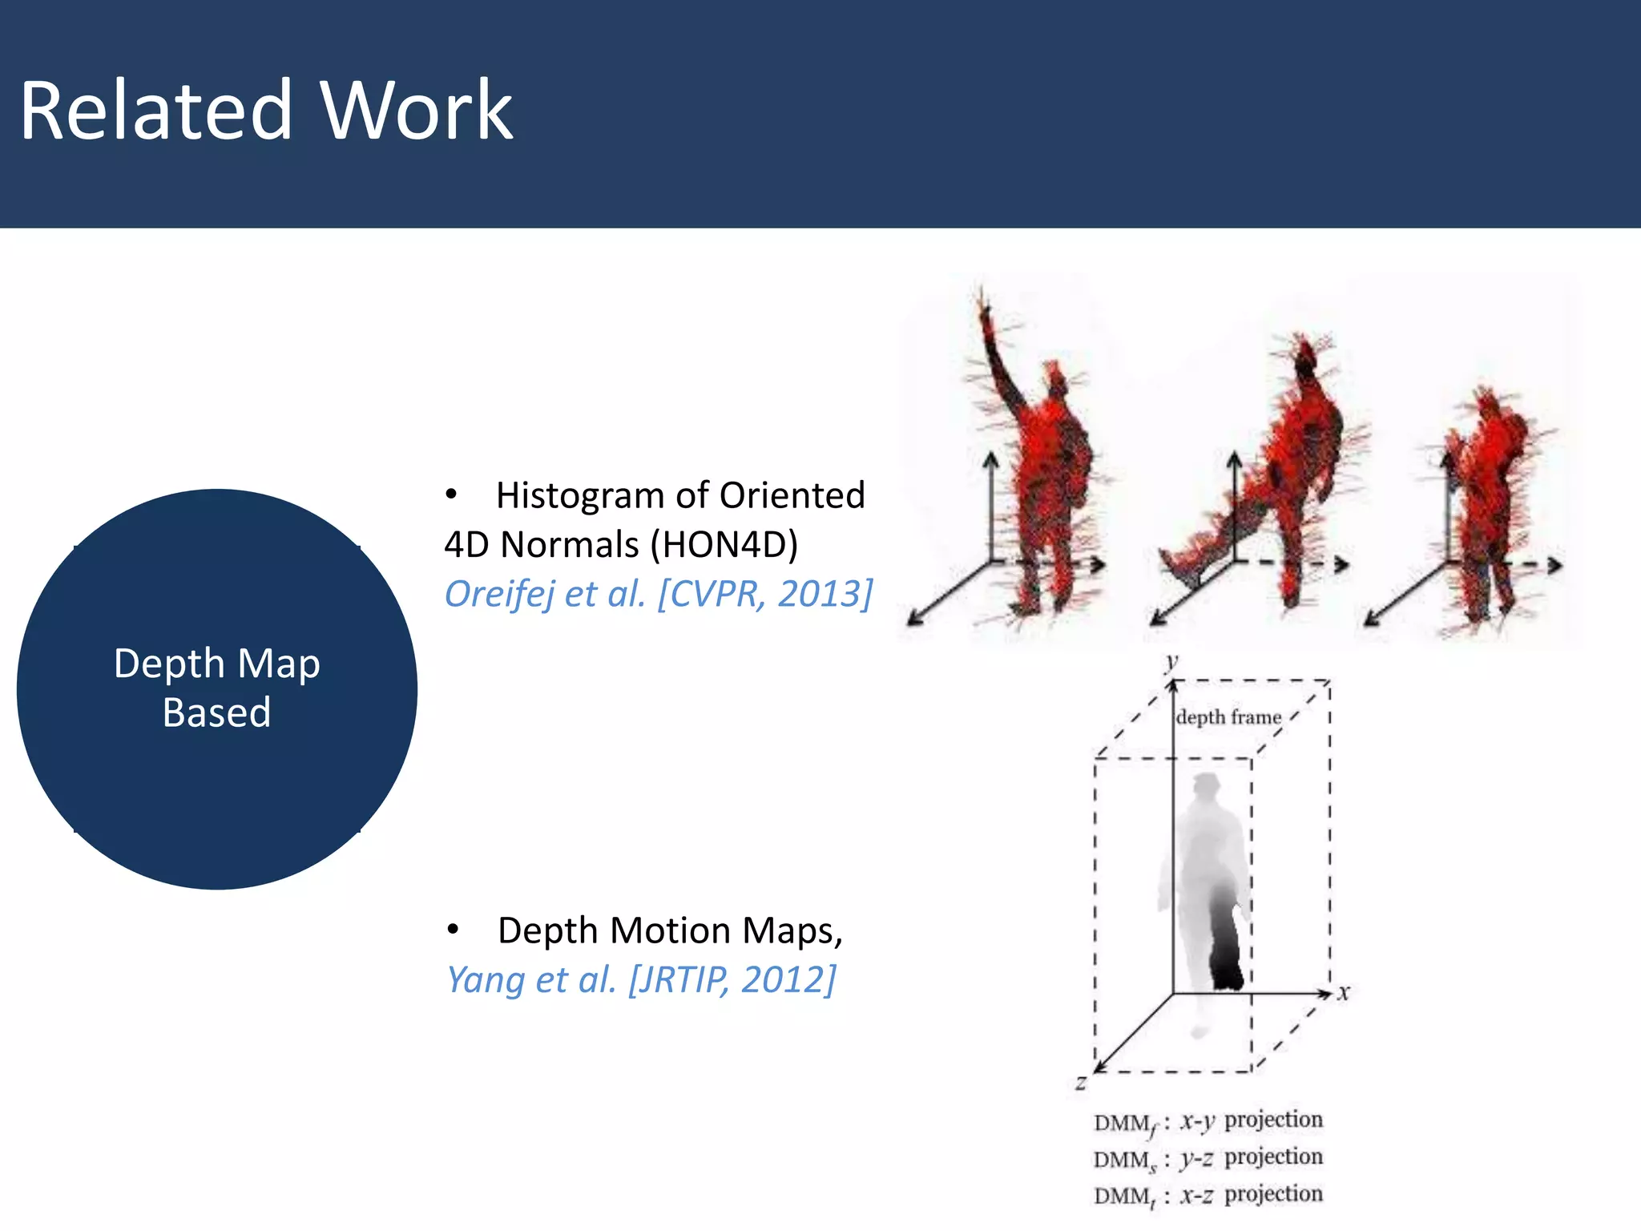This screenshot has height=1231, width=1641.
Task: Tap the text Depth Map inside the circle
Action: click(x=216, y=664)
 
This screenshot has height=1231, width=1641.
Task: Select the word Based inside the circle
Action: click(x=216, y=712)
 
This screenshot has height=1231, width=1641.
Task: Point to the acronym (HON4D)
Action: click(x=724, y=545)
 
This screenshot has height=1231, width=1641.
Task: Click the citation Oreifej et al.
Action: click(x=545, y=594)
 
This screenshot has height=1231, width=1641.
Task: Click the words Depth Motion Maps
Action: click(x=669, y=930)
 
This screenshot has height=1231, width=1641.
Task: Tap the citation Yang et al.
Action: click(x=530, y=979)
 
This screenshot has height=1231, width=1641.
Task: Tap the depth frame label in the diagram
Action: click(x=1228, y=717)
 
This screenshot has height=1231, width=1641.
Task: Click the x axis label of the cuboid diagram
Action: click(x=1344, y=994)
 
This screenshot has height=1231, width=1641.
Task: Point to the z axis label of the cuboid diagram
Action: click(x=1081, y=1084)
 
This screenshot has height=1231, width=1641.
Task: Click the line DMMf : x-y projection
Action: click(x=1208, y=1121)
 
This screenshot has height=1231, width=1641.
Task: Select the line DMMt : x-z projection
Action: click(x=1208, y=1195)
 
